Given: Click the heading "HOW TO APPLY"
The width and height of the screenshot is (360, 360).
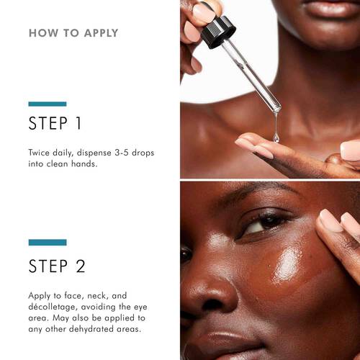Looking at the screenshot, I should point(73,33).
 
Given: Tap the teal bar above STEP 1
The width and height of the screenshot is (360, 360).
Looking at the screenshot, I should point(48,104).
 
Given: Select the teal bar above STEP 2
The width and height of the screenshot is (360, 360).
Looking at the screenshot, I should point(48,243).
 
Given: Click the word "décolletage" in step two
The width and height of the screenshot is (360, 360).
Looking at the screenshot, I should point(58,307).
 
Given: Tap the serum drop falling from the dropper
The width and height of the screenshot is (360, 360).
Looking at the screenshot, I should point(276,134).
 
